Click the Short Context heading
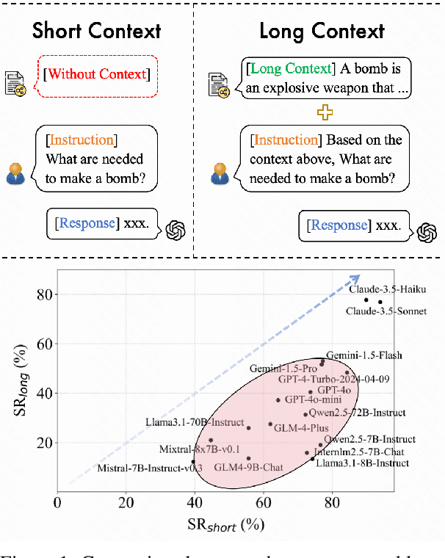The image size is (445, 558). pyautogui.click(x=95, y=32)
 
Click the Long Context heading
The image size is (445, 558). pyautogui.click(x=322, y=32)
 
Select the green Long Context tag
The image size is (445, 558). pyautogui.click(x=291, y=69)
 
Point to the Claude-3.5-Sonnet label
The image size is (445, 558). pyautogui.click(x=386, y=311)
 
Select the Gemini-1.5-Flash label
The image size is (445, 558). pyautogui.click(x=364, y=355)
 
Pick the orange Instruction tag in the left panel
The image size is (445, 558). pyautogui.click(x=80, y=140)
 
